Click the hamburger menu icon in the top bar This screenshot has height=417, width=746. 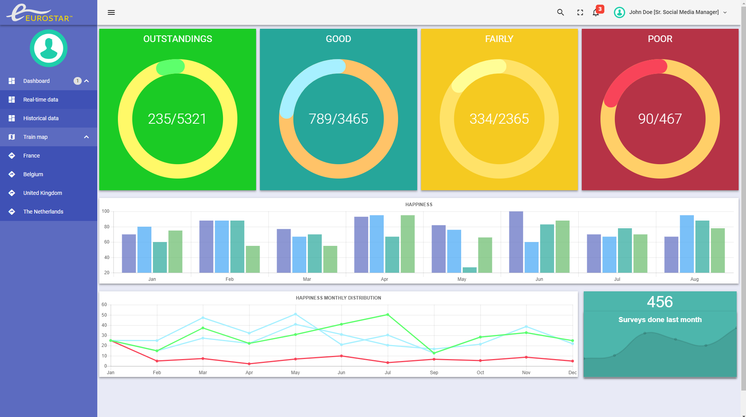tap(111, 12)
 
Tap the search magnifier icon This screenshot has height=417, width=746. tap(560, 12)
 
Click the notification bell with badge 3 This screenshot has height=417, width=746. tap(596, 12)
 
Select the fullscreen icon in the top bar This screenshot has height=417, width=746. tap(580, 12)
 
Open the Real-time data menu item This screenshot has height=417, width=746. tap(40, 100)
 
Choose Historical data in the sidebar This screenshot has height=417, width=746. tap(41, 118)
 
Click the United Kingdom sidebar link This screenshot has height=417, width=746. tap(42, 193)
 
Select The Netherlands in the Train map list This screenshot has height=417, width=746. tap(43, 212)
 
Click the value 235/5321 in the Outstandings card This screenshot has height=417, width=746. tap(177, 119)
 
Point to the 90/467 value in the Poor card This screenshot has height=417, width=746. tap(660, 119)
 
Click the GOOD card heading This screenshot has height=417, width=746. tap(339, 39)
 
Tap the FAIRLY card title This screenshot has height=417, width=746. tap(499, 39)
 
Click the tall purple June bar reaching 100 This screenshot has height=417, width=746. tap(516, 242)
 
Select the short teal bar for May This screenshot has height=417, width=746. tap(470, 270)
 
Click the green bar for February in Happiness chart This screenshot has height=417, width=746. tap(253, 259)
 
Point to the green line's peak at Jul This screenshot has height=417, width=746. tap(388, 315)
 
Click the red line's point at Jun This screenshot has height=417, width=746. tap(342, 356)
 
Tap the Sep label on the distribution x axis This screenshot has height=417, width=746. tap(434, 373)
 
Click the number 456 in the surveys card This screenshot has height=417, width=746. tap(660, 302)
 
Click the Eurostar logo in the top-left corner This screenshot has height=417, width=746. tap(39, 13)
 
